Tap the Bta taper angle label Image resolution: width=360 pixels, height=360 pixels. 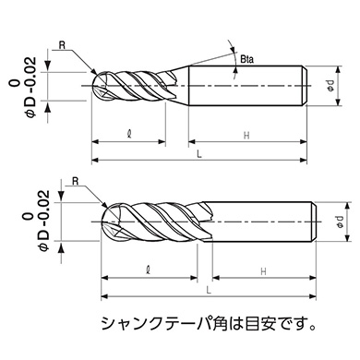[246, 61]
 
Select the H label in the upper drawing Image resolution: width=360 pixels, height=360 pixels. [246, 136]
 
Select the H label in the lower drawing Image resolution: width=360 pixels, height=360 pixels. [262, 271]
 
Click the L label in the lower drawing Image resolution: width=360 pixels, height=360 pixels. [209, 289]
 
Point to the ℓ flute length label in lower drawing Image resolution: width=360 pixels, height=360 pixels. [147, 271]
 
